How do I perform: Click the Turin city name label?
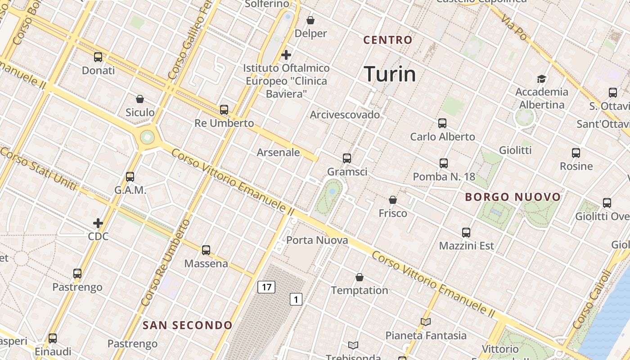pyautogui.click(x=390, y=74)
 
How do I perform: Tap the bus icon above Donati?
pyautogui.click(x=98, y=57)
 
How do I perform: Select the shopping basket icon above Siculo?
pyautogui.click(x=140, y=99)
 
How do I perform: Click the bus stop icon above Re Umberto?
pyautogui.click(x=224, y=109)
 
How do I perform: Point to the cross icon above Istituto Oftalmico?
pyautogui.click(x=286, y=55)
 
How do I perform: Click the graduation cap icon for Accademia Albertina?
pyautogui.click(x=541, y=79)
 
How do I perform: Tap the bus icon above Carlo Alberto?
pyautogui.click(x=442, y=123)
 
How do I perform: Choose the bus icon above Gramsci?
pyautogui.click(x=347, y=158)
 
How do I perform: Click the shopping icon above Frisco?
pyautogui.click(x=393, y=199)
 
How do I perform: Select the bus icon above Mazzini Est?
pyautogui.click(x=466, y=233)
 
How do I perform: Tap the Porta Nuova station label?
pyautogui.click(x=317, y=240)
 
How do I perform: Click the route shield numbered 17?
pyautogui.click(x=266, y=287)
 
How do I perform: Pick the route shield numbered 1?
pyautogui.click(x=296, y=299)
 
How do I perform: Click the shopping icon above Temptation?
pyautogui.click(x=360, y=277)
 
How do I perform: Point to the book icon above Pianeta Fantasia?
pyautogui.click(x=426, y=322)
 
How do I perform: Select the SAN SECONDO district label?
pyautogui.click(x=188, y=325)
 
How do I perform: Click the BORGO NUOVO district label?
pyautogui.click(x=513, y=197)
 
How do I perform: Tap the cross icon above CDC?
pyautogui.click(x=98, y=223)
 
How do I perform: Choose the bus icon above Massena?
pyautogui.click(x=206, y=250)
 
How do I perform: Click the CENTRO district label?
pyautogui.click(x=388, y=40)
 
